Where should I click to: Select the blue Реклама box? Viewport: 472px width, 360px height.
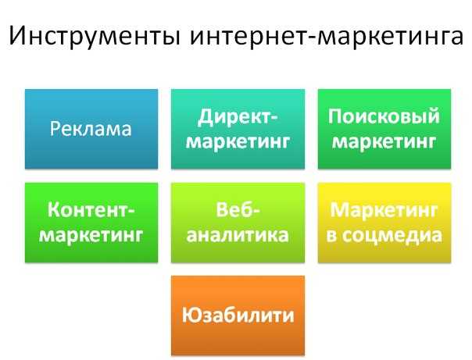pos(91,129)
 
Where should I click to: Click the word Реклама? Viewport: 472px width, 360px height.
pos(91,129)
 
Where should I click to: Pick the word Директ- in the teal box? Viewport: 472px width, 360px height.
pos(238,117)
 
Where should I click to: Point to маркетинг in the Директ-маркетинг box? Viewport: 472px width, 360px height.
pos(238,141)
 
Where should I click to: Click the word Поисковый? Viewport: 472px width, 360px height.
pos(384,116)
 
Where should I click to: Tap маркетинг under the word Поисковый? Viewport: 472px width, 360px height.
pos(384,141)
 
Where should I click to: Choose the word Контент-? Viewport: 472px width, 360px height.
pos(91,210)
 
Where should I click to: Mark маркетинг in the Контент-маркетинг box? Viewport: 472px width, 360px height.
pos(91,235)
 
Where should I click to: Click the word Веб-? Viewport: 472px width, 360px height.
pos(238,209)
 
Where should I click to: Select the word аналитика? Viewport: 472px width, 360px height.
pos(238,235)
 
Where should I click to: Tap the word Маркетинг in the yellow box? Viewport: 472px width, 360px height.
pos(384,211)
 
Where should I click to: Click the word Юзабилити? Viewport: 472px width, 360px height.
pos(238,315)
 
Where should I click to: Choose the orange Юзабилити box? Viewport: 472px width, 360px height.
pos(238,315)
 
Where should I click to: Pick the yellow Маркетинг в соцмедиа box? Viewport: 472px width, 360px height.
pos(384,223)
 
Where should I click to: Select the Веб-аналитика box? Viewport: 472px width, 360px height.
pos(238,223)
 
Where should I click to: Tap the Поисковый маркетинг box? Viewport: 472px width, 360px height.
pos(384,129)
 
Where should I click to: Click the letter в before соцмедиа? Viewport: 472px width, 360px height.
pos(331,236)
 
